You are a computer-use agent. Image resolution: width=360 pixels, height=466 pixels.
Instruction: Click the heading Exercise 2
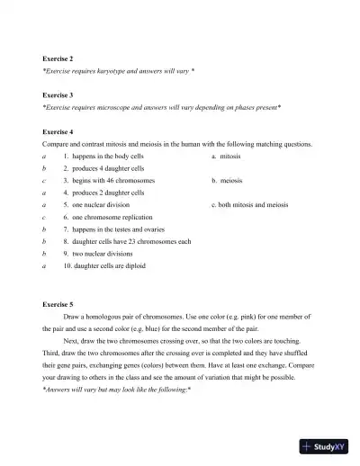point(58,58)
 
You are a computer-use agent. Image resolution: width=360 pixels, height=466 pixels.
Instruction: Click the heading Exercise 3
point(58,94)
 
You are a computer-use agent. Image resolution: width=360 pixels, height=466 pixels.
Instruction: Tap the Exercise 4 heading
point(58,131)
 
